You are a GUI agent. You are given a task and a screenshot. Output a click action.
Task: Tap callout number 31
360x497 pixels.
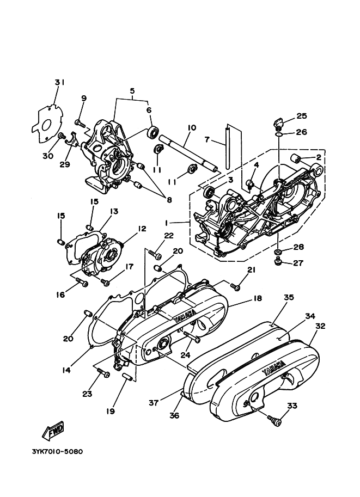pyautogui.click(x=59, y=82)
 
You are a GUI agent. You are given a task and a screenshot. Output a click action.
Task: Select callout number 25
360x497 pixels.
pyautogui.click(x=301, y=116)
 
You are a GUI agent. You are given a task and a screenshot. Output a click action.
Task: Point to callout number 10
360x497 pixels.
pyautogui.click(x=191, y=128)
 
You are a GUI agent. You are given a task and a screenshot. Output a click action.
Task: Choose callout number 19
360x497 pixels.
pyautogui.click(x=111, y=412)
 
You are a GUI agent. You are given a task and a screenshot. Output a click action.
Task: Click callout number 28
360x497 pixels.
pyautogui.click(x=298, y=247)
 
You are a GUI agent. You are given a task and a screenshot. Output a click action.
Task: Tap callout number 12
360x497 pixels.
pyautogui.click(x=142, y=229)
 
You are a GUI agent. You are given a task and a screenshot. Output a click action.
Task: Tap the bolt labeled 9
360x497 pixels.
pyautogui.click(x=80, y=123)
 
